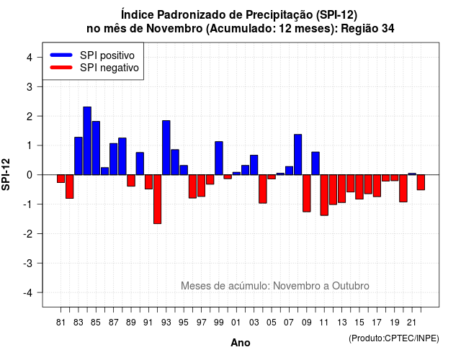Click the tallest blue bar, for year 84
[x=87, y=141]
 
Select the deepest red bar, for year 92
[x=157, y=199]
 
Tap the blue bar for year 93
[x=166, y=148]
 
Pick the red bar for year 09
[x=307, y=194]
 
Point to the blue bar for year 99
[x=219, y=158]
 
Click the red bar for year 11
[x=324, y=195]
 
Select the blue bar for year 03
[x=254, y=165]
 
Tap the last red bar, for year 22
[x=421, y=182]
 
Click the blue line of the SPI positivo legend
[x=61, y=55]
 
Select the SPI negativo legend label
[x=109, y=68]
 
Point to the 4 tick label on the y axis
[x=30, y=58]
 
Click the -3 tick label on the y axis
[x=28, y=263]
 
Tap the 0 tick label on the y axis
[x=30, y=175]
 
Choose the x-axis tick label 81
[x=61, y=323]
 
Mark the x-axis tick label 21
[x=411, y=323]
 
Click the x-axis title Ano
[x=241, y=343]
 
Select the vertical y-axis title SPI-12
[x=6, y=174]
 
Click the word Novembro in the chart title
[x=174, y=29]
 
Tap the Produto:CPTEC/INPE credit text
[x=394, y=338]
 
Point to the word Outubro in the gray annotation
[x=351, y=286]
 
